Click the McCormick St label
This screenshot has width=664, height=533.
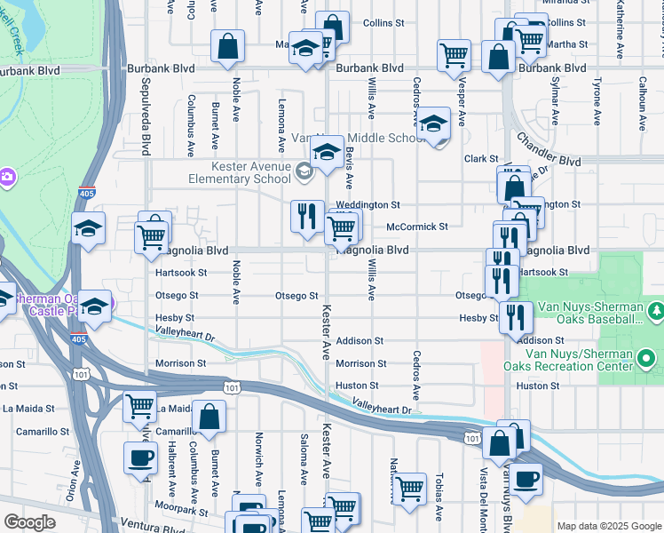[x=417, y=227]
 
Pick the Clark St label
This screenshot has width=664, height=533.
[x=481, y=159]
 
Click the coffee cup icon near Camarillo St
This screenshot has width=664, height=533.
[x=140, y=457]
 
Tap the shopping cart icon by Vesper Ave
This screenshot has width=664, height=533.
[x=454, y=54]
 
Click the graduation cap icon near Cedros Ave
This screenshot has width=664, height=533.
[x=434, y=123]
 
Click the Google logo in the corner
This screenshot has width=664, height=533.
[x=29, y=522]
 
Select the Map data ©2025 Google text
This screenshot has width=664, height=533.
[x=608, y=526]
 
